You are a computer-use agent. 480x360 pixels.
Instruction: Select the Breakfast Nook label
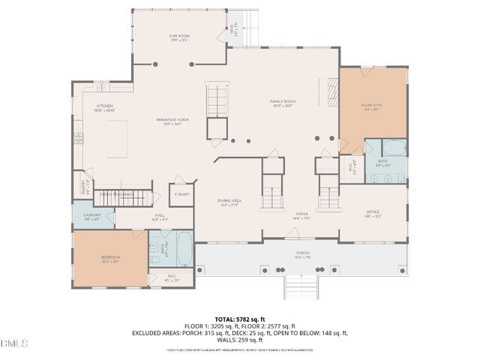172,121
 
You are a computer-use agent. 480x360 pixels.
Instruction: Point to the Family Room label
282,103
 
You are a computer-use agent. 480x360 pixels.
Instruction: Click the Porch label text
302,254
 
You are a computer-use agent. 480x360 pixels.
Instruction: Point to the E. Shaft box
181,193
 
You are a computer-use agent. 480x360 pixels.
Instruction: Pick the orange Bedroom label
110,259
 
